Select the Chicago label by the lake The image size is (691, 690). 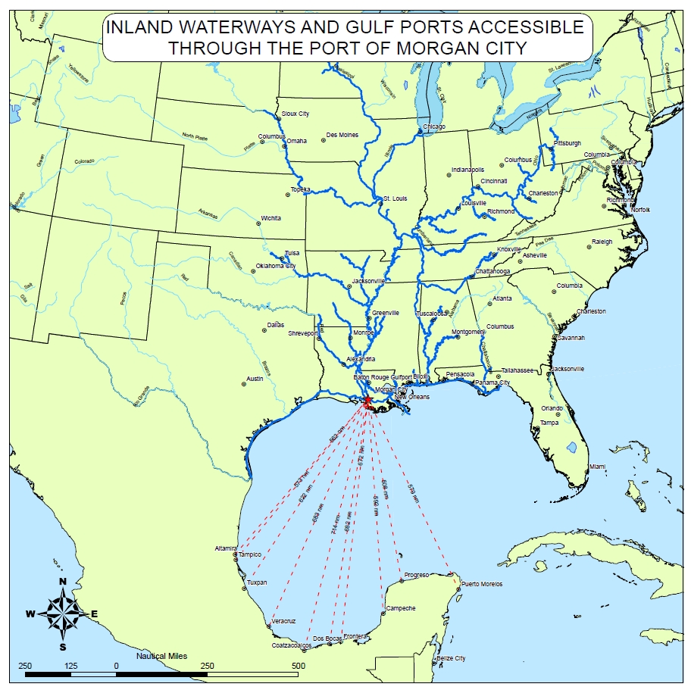coord(434,126)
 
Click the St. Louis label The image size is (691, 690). coord(395,198)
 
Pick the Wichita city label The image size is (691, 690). coord(270,218)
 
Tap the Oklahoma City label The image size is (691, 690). coord(275,266)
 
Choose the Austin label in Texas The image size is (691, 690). coord(255,379)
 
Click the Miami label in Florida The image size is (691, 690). coord(598,467)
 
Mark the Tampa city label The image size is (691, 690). coord(549,423)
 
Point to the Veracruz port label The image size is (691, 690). coord(283,621)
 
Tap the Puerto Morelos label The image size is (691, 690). coord(481,584)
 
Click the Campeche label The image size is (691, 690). coord(401,608)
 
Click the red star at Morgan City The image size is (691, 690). coord(367,400)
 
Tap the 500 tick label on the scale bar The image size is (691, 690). coord(298,666)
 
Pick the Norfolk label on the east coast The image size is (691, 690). coord(640,209)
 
